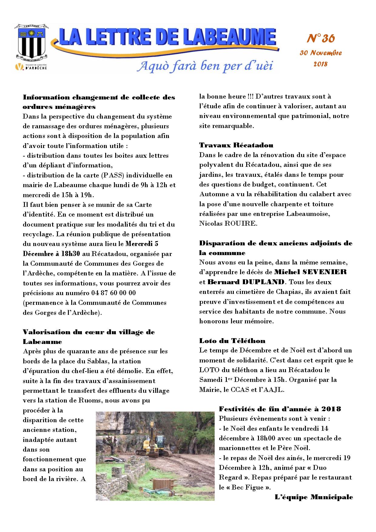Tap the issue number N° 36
click(x=321, y=39)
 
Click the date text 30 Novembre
click(x=321, y=53)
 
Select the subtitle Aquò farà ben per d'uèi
click(x=205, y=66)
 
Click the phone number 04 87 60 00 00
click(x=113, y=293)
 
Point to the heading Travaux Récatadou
click(x=236, y=145)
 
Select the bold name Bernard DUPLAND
click(x=246, y=282)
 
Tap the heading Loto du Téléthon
click(x=232, y=341)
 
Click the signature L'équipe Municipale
click(x=314, y=497)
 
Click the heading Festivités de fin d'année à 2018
click(x=280, y=409)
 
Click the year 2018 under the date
click(x=321, y=64)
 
